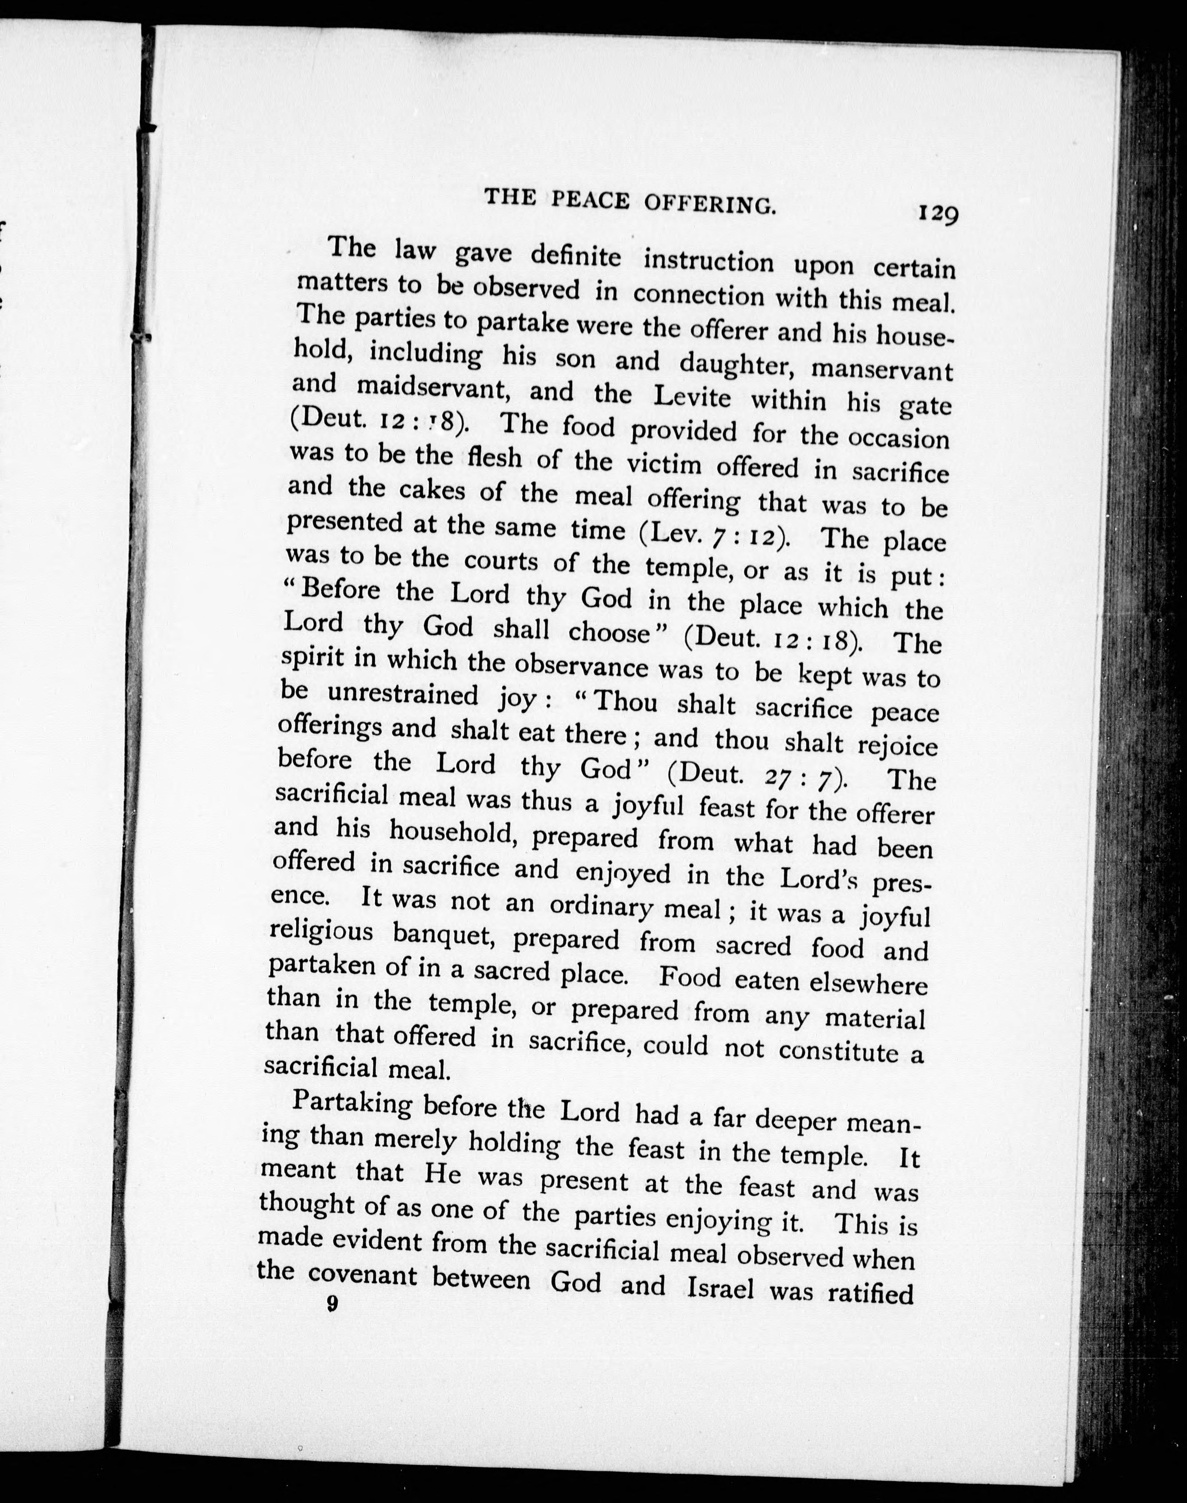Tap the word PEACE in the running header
coord(591,201)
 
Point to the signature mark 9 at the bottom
coord(332,1304)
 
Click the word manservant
coord(883,369)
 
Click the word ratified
coord(871,1293)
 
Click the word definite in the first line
coord(576,257)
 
